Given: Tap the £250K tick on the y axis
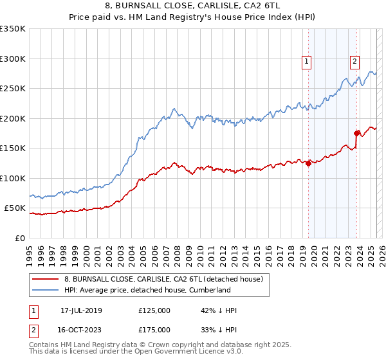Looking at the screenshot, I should tap(13, 89).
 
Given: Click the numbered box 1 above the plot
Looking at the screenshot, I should tap(306, 62).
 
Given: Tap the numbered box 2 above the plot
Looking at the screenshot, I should tap(354, 62).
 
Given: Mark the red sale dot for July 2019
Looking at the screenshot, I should tap(308, 163).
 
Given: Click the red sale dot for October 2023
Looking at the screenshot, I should tap(356, 133).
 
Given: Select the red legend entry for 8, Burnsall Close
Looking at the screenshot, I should tap(163, 280).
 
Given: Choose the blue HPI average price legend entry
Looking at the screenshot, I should tap(147, 291).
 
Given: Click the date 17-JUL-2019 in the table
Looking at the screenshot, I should tap(81, 310).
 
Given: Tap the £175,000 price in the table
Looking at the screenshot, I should tap(154, 330).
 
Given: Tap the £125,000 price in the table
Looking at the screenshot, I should tap(154, 310).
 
